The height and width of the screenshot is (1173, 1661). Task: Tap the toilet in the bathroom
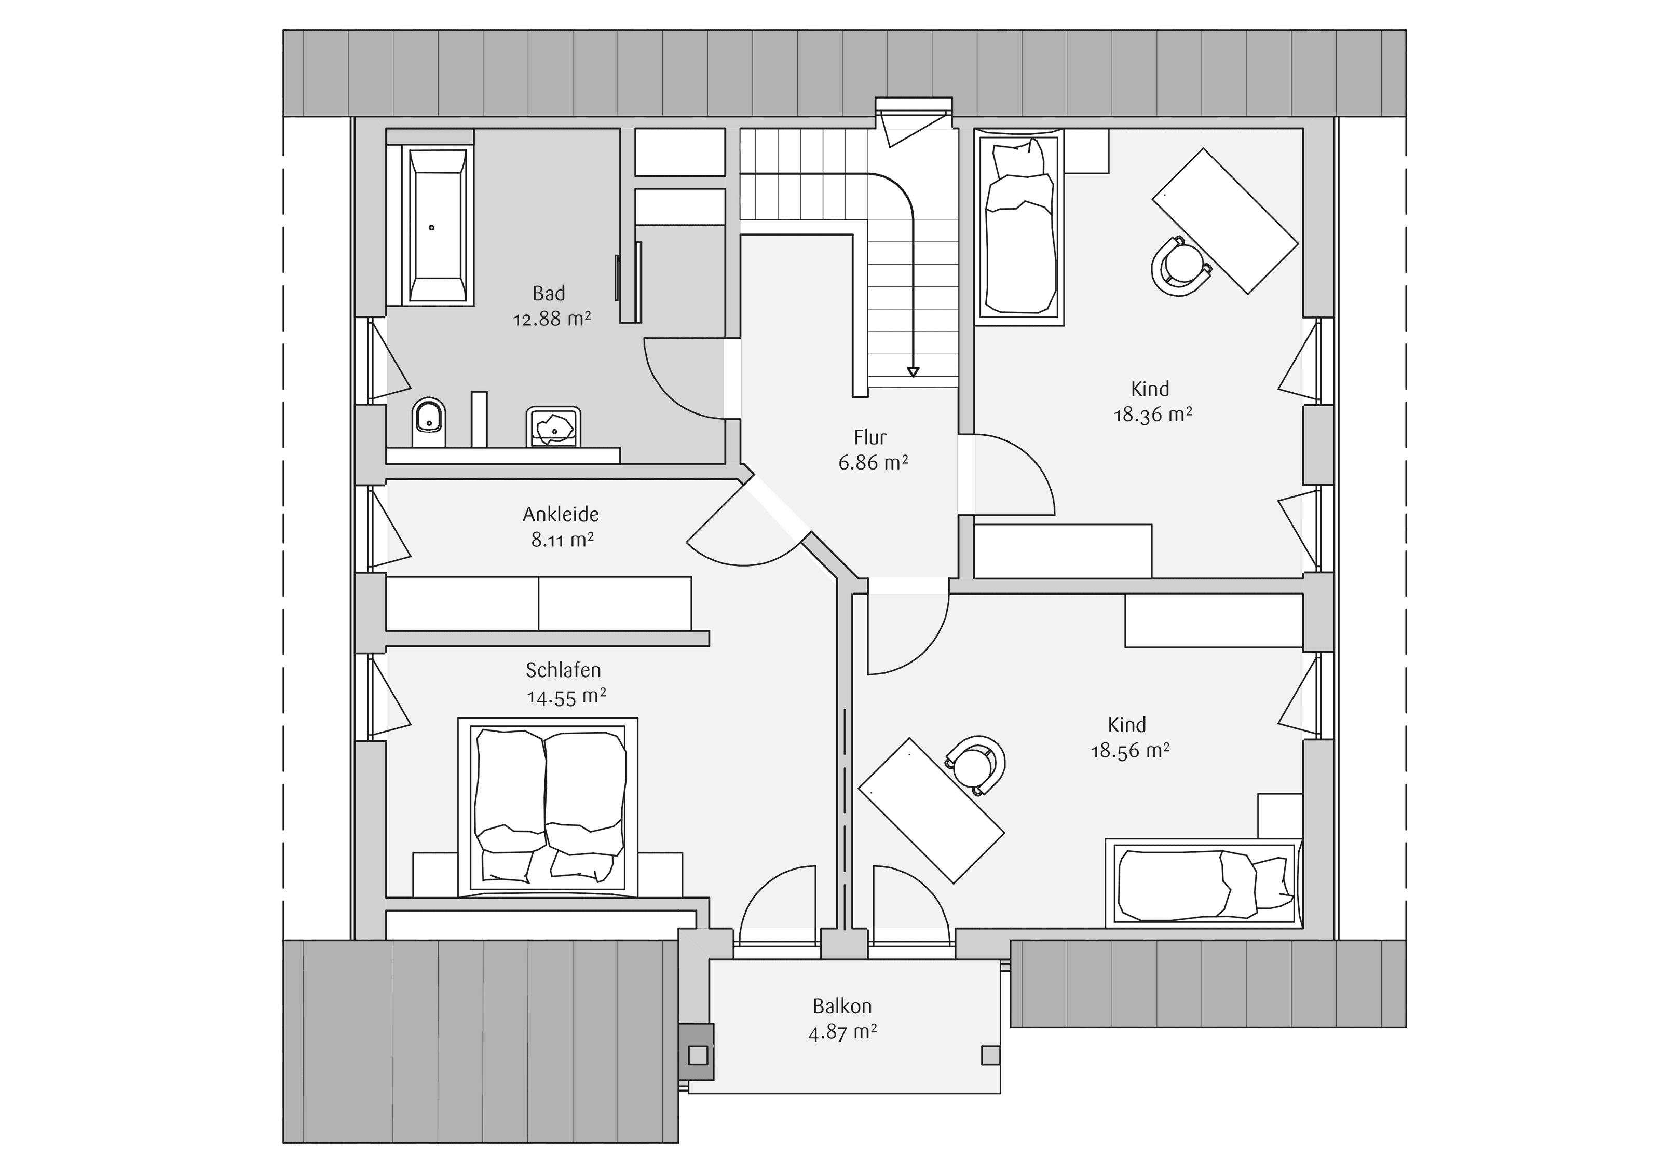coord(429,422)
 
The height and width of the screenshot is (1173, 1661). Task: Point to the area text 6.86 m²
coord(873,462)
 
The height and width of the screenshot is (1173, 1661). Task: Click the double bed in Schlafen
coord(548,807)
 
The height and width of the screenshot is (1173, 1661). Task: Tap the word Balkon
coord(842,1006)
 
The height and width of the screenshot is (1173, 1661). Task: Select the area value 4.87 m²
coord(842,1032)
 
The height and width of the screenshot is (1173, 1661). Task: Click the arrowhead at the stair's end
coord(913,372)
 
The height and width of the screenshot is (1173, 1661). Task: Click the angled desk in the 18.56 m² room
coord(931,811)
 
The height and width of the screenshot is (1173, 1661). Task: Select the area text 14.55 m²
coord(566,696)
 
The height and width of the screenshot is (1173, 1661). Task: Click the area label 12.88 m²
coord(552,319)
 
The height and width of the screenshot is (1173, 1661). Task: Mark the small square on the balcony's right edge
coord(990,1055)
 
